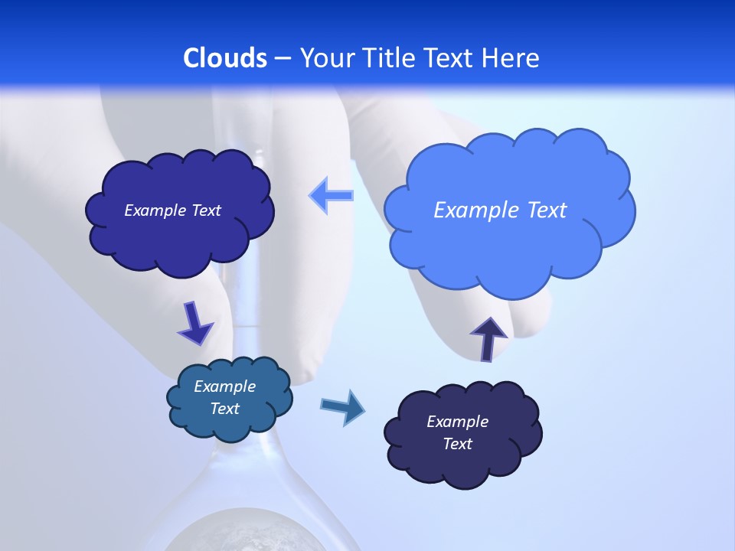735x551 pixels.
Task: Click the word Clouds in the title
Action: coord(225,58)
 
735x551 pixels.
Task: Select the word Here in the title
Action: coord(512,58)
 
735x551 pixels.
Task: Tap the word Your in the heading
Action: coord(325,58)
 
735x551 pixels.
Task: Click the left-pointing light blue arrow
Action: coord(332,195)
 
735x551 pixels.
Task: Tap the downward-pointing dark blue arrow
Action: coord(194,323)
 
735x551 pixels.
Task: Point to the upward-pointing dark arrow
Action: coord(488,337)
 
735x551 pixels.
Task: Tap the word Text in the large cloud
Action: coord(547,210)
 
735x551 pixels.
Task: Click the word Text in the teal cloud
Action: coord(225,409)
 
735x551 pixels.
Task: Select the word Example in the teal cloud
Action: coord(225,386)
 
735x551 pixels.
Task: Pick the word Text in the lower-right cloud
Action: coord(457,444)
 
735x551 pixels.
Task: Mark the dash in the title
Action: coord(283,58)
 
